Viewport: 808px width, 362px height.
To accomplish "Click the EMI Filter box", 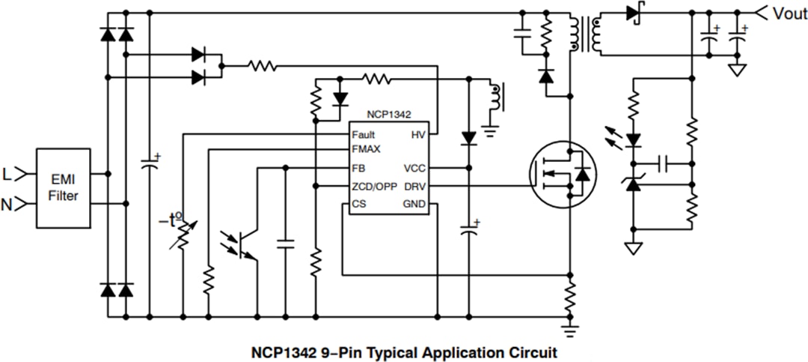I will pos(64,187).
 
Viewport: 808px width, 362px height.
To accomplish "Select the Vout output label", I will pos(789,13).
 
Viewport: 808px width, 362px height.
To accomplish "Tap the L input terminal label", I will pos(7,175).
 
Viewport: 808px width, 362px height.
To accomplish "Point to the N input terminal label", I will pos(7,202).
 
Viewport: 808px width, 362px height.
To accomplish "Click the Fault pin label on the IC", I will pos(364,135).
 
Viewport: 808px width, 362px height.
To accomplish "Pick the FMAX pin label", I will pos(367,149).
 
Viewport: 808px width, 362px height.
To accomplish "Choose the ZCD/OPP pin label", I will pos(374,186).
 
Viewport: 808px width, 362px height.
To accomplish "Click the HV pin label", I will pos(417,135).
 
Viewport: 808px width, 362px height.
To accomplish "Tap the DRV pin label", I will pos(414,186).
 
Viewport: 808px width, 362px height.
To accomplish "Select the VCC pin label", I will pos(414,168).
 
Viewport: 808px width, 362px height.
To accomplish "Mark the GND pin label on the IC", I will pos(414,204).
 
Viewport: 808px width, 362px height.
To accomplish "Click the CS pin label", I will pos(358,204).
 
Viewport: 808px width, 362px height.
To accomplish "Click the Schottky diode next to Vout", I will pos(634,13).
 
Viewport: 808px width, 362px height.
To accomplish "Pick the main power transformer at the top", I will pos(586,34).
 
